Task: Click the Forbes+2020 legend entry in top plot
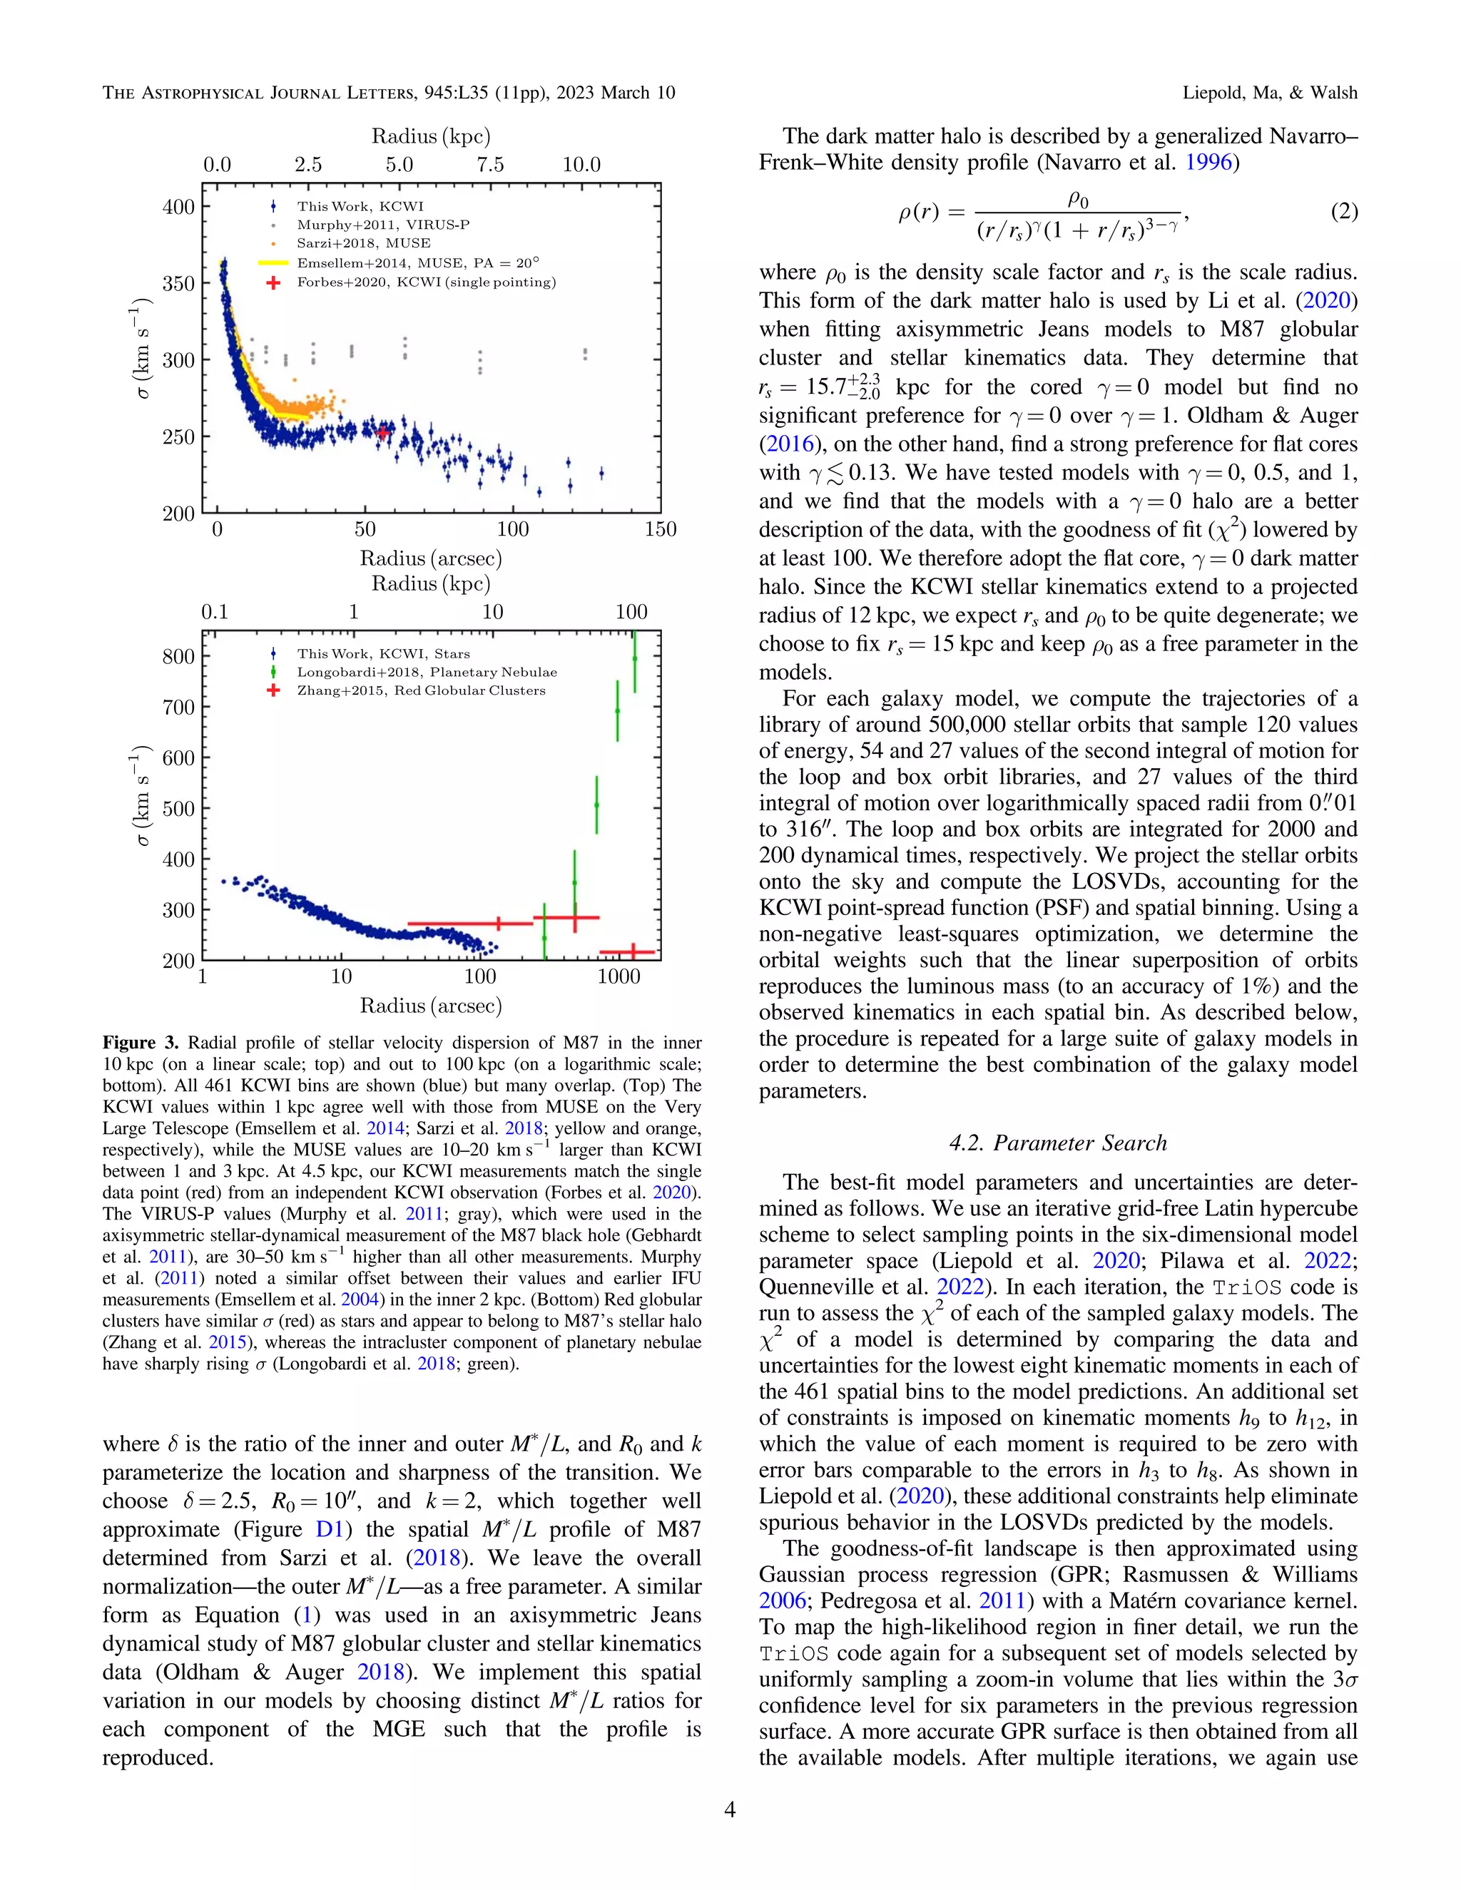[x=426, y=282]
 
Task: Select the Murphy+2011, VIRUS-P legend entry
[x=382, y=225]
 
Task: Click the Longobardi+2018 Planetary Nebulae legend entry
[x=427, y=673]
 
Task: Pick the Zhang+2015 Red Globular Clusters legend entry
[x=421, y=690]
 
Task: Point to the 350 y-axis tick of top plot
[x=178, y=284]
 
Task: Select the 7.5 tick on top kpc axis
[x=490, y=165]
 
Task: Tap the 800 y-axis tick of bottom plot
[x=178, y=657]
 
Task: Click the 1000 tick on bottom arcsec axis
[x=618, y=977]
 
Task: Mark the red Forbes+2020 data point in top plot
[x=383, y=431]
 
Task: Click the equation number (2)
[x=1343, y=212]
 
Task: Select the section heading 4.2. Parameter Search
[x=1058, y=1143]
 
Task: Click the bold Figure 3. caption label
[x=141, y=1043]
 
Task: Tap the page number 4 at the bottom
[x=730, y=1809]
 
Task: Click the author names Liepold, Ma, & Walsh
[x=1270, y=93]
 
